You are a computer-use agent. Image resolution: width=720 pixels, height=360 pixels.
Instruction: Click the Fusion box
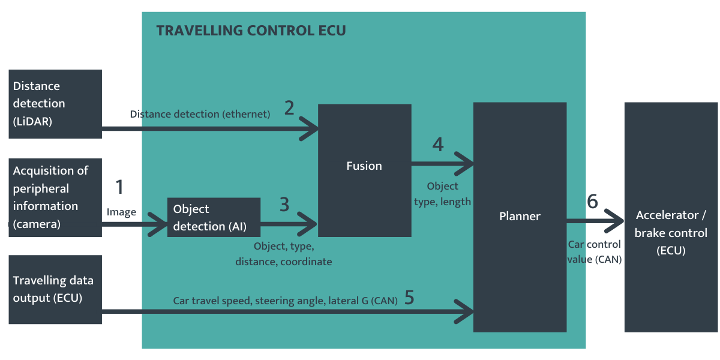click(x=364, y=170)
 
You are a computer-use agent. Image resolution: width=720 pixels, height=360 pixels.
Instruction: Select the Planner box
click(x=520, y=217)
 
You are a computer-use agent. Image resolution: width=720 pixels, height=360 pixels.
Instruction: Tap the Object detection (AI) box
click(x=214, y=217)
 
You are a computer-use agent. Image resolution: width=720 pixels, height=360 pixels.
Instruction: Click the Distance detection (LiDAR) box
click(x=55, y=104)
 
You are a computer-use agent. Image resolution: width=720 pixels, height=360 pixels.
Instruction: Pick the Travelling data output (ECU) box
click(x=55, y=289)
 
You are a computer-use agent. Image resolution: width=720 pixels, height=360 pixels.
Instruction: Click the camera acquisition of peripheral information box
click(x=55, y=197)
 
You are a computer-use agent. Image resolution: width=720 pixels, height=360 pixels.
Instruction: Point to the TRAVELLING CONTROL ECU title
click(x=251, y=31)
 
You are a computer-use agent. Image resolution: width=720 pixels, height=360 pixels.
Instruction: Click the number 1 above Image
click(x=119, y=187)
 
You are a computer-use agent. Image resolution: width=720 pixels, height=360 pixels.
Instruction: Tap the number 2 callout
click(x=289, y=108)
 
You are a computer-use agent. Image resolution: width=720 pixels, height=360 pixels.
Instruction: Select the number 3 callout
click(x=284, y=204)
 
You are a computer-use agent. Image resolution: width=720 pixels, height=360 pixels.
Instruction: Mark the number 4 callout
click(x=438, y=145)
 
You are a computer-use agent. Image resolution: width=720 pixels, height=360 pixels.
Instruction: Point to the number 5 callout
click(x=409, y=298)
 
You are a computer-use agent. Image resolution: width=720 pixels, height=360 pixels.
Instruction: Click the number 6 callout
click(x=592, y=202)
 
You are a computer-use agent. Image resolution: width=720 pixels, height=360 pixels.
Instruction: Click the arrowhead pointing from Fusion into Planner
click(x=465, y=162)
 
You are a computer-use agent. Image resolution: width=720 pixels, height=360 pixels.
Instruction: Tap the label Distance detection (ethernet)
click(x=200, y=114)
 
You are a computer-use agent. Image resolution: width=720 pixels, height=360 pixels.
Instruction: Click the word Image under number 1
click(x=121, y=212)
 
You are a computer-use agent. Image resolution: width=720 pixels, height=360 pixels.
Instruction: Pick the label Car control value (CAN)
click(x=594, y=252)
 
